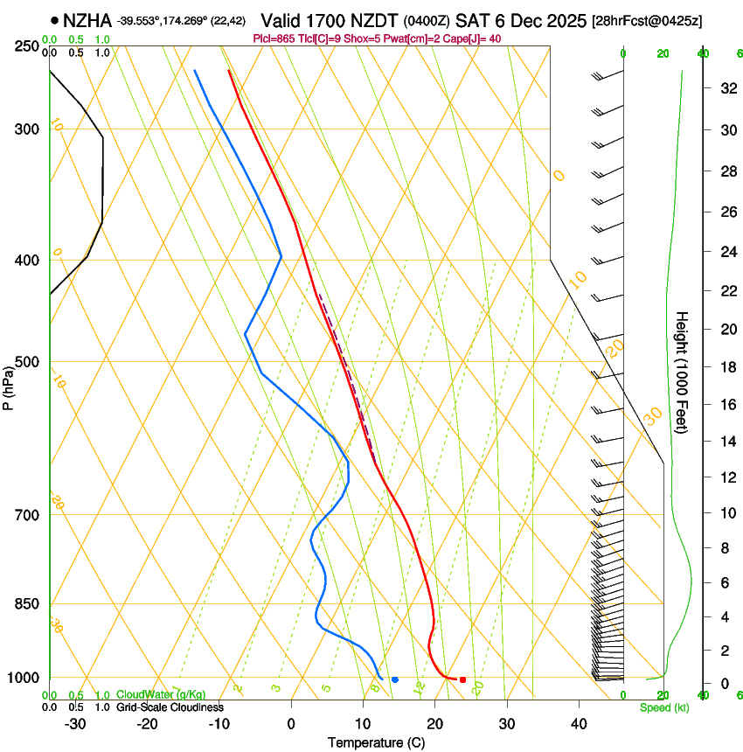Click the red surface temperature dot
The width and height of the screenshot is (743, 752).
(462, 679)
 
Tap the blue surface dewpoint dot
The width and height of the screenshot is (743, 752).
(395, 679)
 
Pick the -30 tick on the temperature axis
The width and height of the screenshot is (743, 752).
(75, 723)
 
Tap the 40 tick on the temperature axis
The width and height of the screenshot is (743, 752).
(578, 723)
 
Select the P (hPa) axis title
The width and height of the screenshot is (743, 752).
(8, 386)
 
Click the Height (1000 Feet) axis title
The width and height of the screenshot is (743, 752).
(682, 373)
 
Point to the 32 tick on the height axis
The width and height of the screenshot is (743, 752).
(725, 87)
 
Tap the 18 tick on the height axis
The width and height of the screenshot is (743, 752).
(725, 367)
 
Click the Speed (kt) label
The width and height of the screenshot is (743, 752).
(663, 707)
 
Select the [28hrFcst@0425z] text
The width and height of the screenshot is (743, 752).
(646, 20)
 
